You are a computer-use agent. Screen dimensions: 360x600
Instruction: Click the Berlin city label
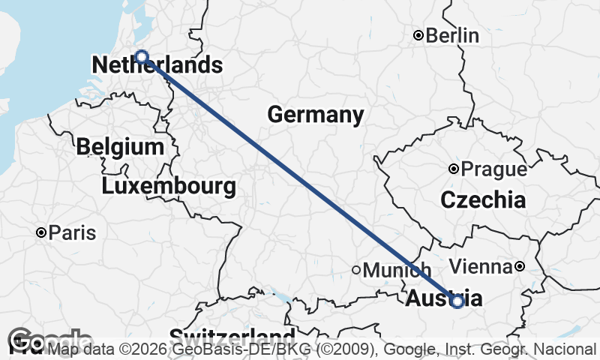coord(452,35)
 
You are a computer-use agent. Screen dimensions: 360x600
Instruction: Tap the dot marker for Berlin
coord(419,35)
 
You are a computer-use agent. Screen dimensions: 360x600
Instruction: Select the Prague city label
coord(493,169)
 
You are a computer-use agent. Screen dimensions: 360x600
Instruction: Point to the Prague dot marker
coord(454,169)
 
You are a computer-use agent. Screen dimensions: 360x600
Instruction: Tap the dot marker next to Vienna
coord(519,266)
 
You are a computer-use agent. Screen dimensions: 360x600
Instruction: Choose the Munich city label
coord(397,270)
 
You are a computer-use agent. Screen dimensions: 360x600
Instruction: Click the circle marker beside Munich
coord(357,270)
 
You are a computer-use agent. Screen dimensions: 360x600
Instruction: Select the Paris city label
coord(72,233)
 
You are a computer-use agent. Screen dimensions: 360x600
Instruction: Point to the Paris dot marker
coord(41,233)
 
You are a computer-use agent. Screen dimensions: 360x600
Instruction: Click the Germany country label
coord(315,115)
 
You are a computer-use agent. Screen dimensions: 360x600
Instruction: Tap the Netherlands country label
coord(157,66)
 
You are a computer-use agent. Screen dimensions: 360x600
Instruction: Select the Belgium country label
coord(120,146)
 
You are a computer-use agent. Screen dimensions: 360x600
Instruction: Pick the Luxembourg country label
coord(169,185)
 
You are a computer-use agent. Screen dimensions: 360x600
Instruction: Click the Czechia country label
coord(483,200)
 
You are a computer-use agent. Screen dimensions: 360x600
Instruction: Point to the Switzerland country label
coord(231,335)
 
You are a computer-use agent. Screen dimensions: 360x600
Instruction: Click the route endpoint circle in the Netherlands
coord(141,57)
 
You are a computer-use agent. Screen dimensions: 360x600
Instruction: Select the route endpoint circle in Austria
coord(457,301)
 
